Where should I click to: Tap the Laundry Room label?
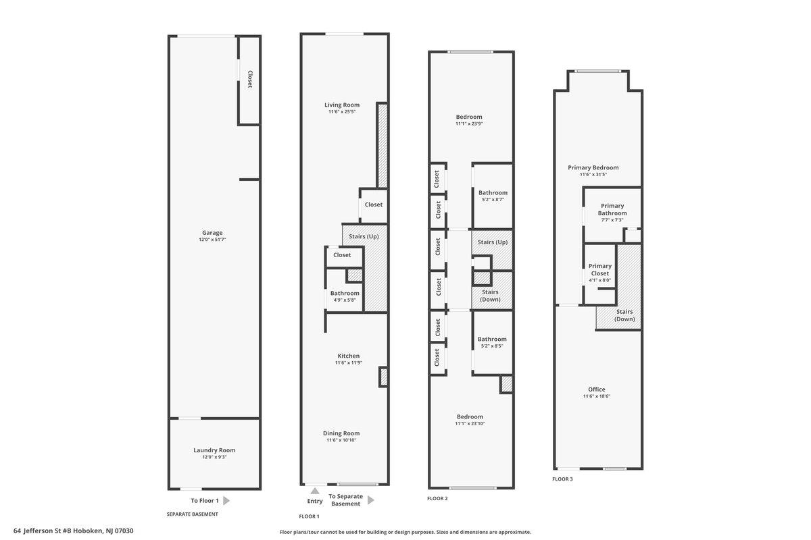[x=214, y=450]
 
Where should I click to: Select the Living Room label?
[x=341, y=105]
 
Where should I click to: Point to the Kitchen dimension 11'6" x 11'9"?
[x=348, y=362]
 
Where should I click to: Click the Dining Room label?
[x=341, y=433]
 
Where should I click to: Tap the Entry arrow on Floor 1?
[x=315, y=491]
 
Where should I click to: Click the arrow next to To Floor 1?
[x=226, y=501]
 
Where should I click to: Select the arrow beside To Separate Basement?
[x=370, y=500]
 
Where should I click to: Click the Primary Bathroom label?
[x=612, y=209]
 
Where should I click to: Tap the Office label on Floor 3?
[x=596, y=389]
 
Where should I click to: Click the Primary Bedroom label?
[x=593, y=167]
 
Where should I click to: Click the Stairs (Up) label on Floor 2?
[x=492, y=242]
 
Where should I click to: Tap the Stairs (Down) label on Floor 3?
[x=624, y=315]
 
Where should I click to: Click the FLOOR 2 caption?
[x=437, y=499]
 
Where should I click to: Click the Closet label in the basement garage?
[x=249, y=80]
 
